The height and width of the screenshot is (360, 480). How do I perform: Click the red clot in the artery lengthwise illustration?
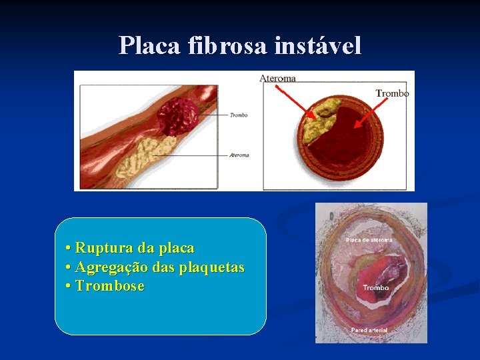click(177, 117)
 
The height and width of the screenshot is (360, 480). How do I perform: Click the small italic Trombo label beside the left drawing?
click(238, 115)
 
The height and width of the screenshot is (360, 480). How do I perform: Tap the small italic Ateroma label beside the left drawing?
click(239, 155)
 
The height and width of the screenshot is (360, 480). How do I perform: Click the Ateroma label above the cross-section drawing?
click(277, 78)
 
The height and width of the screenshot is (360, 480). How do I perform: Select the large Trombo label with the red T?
click(392, 94)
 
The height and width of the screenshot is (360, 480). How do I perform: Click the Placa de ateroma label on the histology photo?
click(369, 240)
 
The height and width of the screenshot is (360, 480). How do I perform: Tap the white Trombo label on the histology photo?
click(376, 288)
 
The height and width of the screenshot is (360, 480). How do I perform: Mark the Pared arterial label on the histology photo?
click(369, 330)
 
